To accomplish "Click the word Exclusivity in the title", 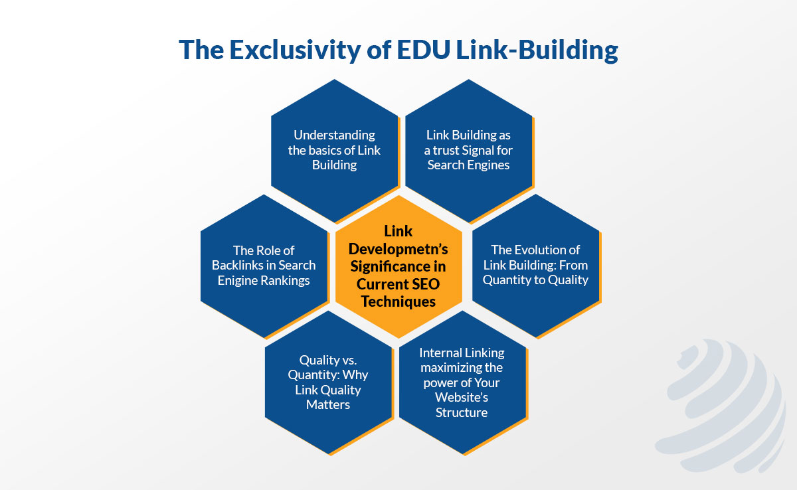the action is (x=295, y=50).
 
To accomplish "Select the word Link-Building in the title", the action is (x=537, y=50).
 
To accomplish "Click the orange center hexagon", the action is (x=398, y=266).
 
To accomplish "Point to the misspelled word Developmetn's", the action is (x=398, y=249).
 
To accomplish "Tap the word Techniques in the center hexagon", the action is (x=398, y=302).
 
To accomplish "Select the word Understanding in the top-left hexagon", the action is (x=334, y=135).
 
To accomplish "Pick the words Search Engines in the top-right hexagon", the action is (x=469, y=165).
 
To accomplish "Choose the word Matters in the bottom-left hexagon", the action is (x=328, y=404).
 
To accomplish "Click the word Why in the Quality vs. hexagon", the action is (x=357, y=374).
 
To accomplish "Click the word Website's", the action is (x=462, y=397).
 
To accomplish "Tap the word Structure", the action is (x=462, y=412).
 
